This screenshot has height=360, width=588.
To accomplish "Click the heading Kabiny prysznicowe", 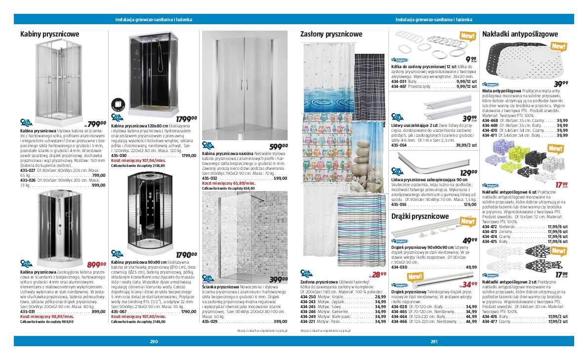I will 49,34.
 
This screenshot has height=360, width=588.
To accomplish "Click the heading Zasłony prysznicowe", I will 331,34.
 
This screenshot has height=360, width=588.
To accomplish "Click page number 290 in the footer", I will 154,341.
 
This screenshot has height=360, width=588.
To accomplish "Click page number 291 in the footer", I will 434,341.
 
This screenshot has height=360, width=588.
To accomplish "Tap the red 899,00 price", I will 96,265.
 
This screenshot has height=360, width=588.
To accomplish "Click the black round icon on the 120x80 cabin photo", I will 119,105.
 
